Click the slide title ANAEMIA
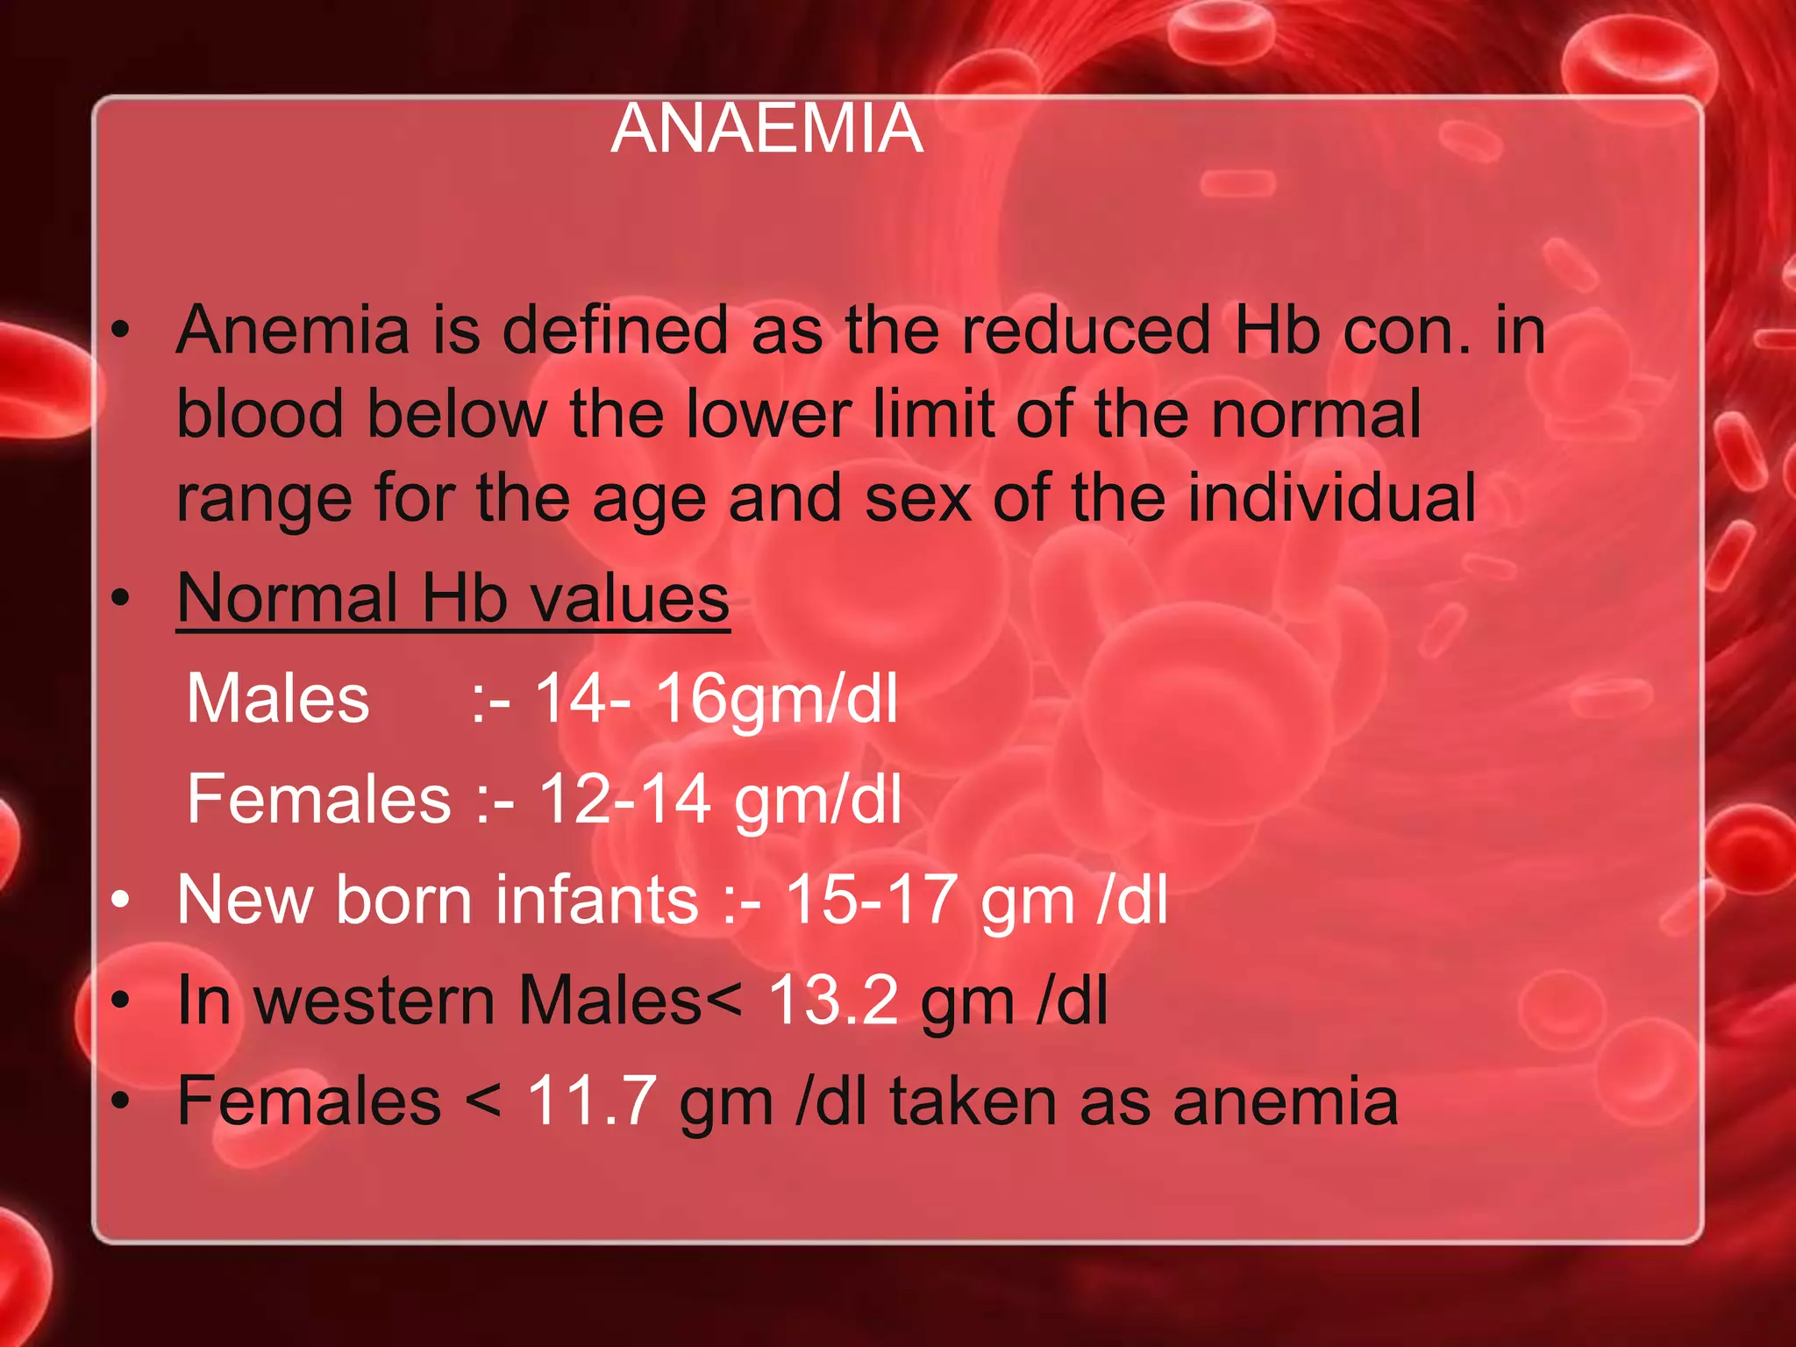tap(766, 129)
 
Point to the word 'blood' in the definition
tap(260, 414)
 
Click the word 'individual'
tap(1331, 498)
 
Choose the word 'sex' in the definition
tap(917, 498)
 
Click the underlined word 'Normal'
tap(288, 599)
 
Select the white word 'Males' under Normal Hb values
tap(278, 699)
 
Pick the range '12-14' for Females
tap(624, 800)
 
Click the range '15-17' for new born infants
tap(871, 900)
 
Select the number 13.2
tap(833, 1001)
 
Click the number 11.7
tap(591, 1101)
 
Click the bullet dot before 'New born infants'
tap(121, 900)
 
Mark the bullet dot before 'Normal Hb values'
tap(121, 599)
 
